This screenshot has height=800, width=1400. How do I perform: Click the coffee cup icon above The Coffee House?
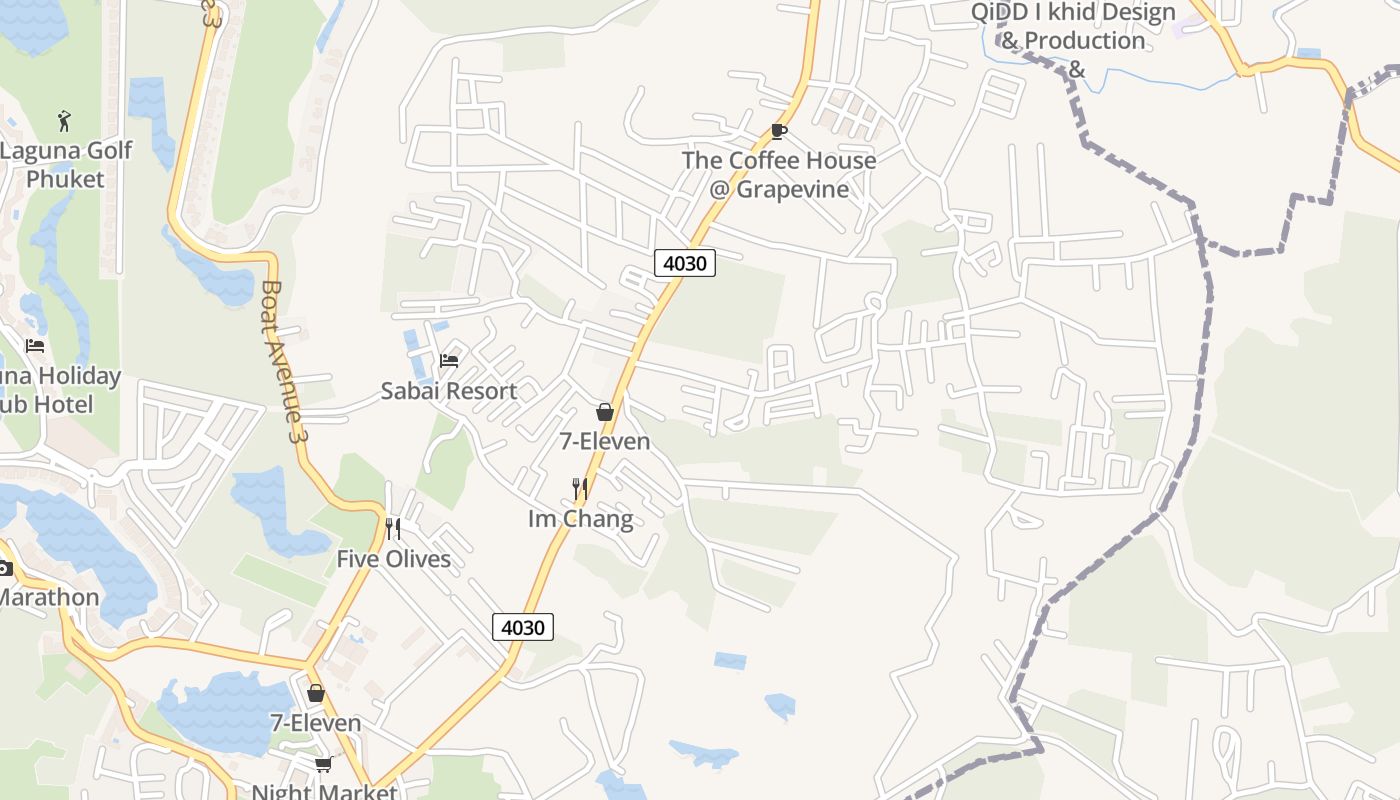(778, 131)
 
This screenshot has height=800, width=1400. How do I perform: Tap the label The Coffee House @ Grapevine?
(779, 175)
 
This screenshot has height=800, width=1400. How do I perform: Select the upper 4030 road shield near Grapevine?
(685, 263)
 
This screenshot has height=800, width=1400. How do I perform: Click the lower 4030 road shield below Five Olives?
(522, 627)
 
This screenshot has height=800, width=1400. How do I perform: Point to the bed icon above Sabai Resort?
(449, 360)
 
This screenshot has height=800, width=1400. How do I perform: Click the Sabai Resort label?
(449, 391)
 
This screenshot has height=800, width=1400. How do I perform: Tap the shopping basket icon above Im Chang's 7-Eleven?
(604, 411)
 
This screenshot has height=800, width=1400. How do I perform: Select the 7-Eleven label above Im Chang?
(604, 441)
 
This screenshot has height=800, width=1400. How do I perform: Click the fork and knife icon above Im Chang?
(579, 488)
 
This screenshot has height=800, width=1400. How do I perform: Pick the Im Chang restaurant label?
(580, 519)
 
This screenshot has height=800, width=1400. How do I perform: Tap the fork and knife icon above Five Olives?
(393, 528)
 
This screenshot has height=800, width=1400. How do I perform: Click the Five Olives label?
(393, 559)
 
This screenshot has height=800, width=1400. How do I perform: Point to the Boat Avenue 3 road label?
(281, 360)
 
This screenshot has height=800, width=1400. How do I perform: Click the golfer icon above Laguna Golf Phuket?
(65, 121)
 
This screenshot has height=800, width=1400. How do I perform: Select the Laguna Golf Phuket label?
(65, 165)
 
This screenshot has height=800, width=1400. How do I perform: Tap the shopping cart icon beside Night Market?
(323, 765)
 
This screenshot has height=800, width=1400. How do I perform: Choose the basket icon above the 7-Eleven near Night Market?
(316, 692)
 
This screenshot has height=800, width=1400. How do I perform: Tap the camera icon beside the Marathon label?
(5, 568)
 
